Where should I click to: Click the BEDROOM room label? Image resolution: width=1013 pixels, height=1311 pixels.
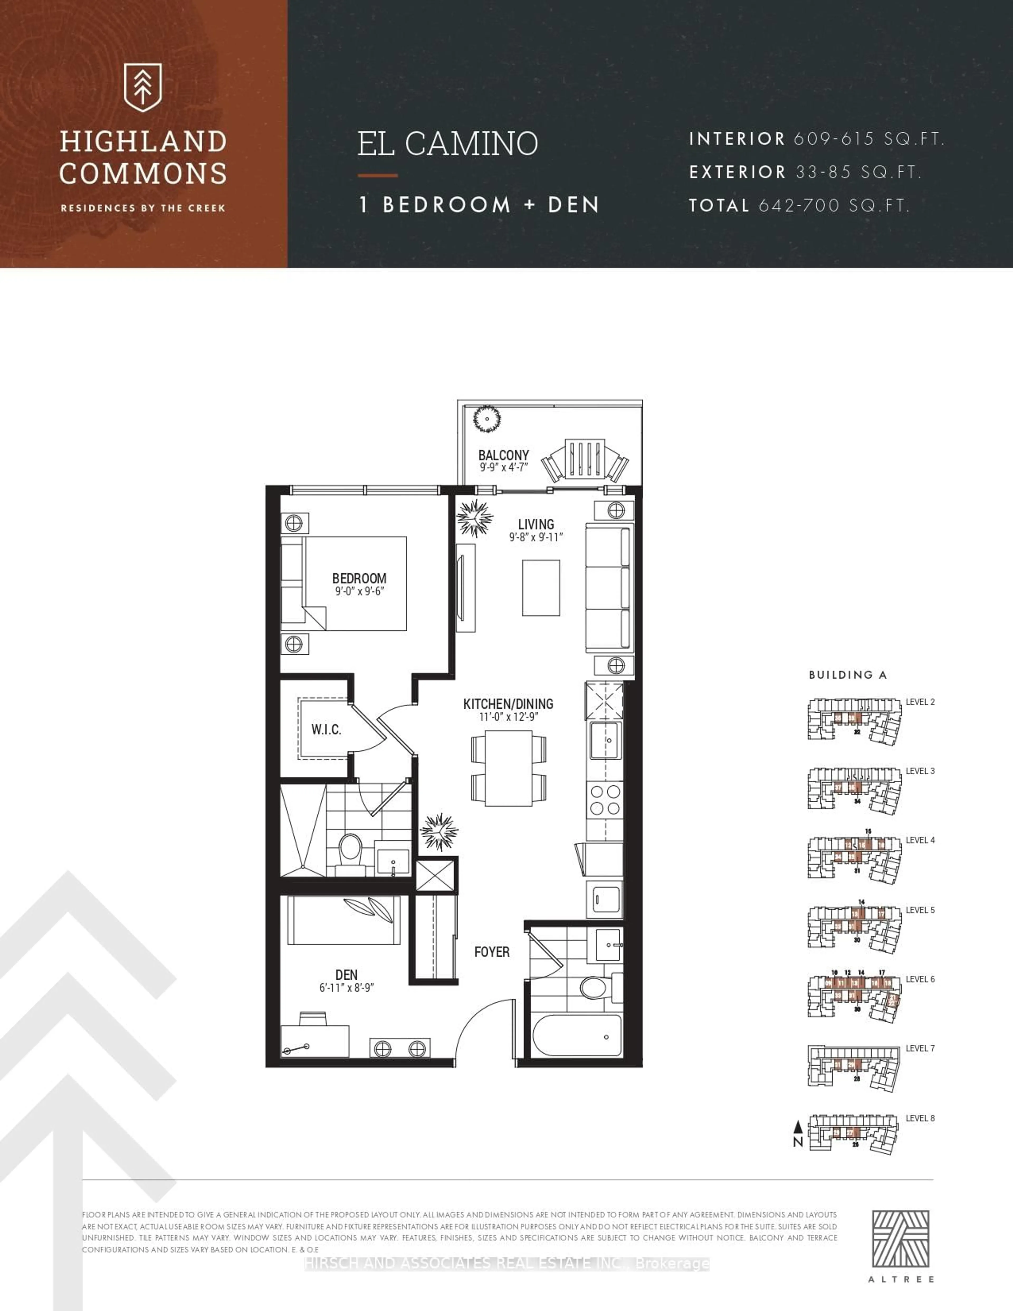(359, 578)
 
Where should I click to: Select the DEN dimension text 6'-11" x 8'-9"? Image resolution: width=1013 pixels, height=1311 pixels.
(346, 988)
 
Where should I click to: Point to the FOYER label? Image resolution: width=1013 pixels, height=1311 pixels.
(491, 952)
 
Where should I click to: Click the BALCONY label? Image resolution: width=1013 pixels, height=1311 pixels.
(504, 455)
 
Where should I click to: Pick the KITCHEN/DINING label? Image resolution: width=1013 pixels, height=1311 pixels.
(508, 704)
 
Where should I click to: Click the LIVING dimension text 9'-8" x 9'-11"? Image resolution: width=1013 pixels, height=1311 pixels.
(536, 537)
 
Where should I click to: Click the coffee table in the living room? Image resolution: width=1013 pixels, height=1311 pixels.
(541, 588)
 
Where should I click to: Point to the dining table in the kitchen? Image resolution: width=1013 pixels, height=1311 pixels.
(508, 768)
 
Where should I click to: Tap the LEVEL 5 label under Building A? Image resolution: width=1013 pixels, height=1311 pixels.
(920, 910)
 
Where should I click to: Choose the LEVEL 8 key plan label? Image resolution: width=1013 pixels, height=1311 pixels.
(920, 1118)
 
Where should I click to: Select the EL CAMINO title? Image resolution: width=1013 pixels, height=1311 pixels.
(448, 144)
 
